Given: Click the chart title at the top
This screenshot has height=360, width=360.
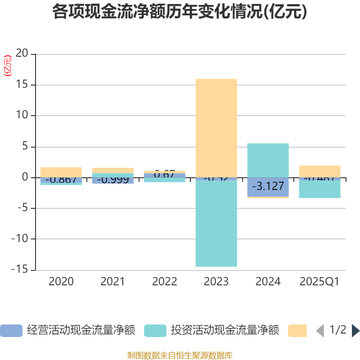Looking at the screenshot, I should (x=180, y=12).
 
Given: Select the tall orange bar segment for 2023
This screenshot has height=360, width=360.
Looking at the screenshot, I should (x=216, y=128).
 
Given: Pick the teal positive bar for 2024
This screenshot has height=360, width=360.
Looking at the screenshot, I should (x=268, y=160).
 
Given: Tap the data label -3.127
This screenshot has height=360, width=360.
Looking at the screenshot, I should (x=268, y=186).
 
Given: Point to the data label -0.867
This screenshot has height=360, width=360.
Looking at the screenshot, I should (x=61, y=180).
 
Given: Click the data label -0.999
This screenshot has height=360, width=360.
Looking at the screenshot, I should (x=113, y=180).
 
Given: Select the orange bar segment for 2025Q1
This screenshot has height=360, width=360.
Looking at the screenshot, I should (x=319, y=171).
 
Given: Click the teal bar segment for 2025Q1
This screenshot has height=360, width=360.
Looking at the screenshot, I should (x=319, y=189).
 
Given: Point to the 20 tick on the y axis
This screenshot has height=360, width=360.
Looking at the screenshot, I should (x=22, y=54).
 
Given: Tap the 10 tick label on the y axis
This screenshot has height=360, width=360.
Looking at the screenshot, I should (x=22, y=116).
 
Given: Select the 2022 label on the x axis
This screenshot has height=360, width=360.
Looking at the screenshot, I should (x=165, y=282).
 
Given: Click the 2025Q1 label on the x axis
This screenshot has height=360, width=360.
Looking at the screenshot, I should (x=319, y=282).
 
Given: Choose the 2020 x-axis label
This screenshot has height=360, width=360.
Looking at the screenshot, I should (x=61, y=282).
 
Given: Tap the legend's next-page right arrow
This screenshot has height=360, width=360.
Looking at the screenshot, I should (x=355, y=331).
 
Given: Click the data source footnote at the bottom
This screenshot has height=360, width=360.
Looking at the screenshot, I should (x=180, y=355).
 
